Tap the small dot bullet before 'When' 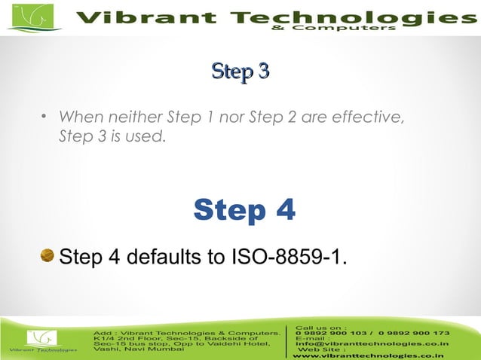pos(44,117)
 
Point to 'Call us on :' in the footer pos(321,327)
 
